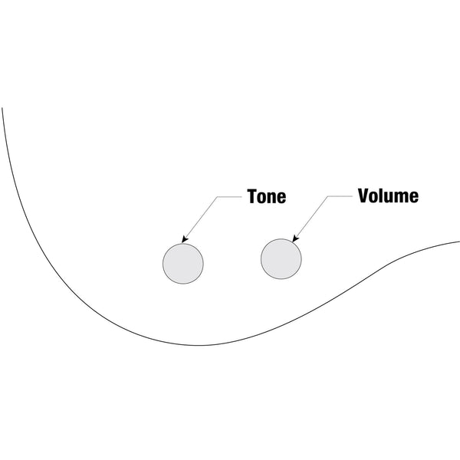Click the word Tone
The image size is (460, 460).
click(x=266, y=196)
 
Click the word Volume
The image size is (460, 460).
click(x=388, y=195)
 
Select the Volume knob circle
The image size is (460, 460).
click(x=281, y=258)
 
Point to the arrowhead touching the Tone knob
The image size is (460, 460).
click(x=184, y=240)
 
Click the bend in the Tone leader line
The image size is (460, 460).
click(x=219, y=196)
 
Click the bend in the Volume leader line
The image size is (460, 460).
click(x=330, y=195)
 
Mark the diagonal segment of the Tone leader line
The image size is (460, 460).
click(x=202, y=218)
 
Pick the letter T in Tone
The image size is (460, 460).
click(x=251, y=196)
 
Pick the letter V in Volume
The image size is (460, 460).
click(x=364, y=195)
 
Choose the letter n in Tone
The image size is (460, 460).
click(x=271, y=198)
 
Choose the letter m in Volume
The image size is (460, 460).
click(x=401, y=197)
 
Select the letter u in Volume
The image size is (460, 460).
click(x=389, y=197)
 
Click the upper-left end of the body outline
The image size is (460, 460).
click(x=3, y=109)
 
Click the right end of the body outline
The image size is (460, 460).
click(x=458, y=242)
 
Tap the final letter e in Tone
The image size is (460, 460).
click(x=281, y=198)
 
